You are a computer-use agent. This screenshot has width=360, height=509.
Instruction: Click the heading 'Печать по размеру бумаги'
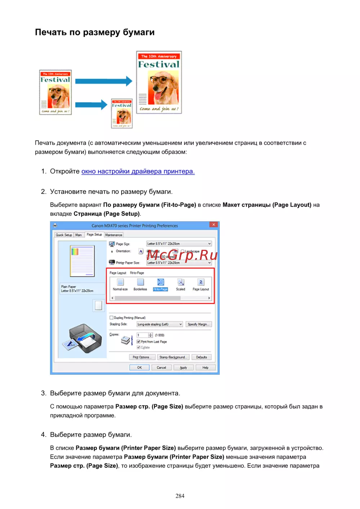pos(95,32)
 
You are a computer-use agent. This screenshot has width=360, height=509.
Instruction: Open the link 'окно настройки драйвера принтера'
pos(138,171)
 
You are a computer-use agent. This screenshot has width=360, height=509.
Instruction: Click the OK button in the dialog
pos(139,368)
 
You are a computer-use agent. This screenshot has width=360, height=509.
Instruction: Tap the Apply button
pos(183,368)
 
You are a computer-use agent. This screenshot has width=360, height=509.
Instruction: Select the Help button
pos(205,368)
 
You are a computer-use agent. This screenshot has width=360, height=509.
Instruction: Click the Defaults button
pos(202,357)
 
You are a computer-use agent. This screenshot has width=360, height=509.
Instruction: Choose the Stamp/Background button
pos(173,357)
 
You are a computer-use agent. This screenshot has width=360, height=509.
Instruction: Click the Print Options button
pos(141,357)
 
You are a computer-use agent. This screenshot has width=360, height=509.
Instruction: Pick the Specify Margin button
pos(198,324)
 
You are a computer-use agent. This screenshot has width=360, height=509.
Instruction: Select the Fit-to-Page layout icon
pos(161,283)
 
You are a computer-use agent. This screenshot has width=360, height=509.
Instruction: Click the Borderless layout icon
pos(140,283)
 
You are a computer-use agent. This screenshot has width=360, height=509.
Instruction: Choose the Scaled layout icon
pos(181,283)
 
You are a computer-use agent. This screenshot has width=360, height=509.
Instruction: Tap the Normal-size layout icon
pos(120,283)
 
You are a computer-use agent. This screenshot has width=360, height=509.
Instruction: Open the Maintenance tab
pos(114,235)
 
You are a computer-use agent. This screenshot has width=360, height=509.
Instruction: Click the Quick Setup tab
pos(64,235)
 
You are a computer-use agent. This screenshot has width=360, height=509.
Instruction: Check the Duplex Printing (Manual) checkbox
pos(112,318)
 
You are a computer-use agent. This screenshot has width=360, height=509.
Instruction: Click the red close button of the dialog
pos(213,225)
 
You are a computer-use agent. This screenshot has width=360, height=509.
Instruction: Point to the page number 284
pos(180,496)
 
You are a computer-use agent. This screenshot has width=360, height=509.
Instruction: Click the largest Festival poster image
pos(159,82)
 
